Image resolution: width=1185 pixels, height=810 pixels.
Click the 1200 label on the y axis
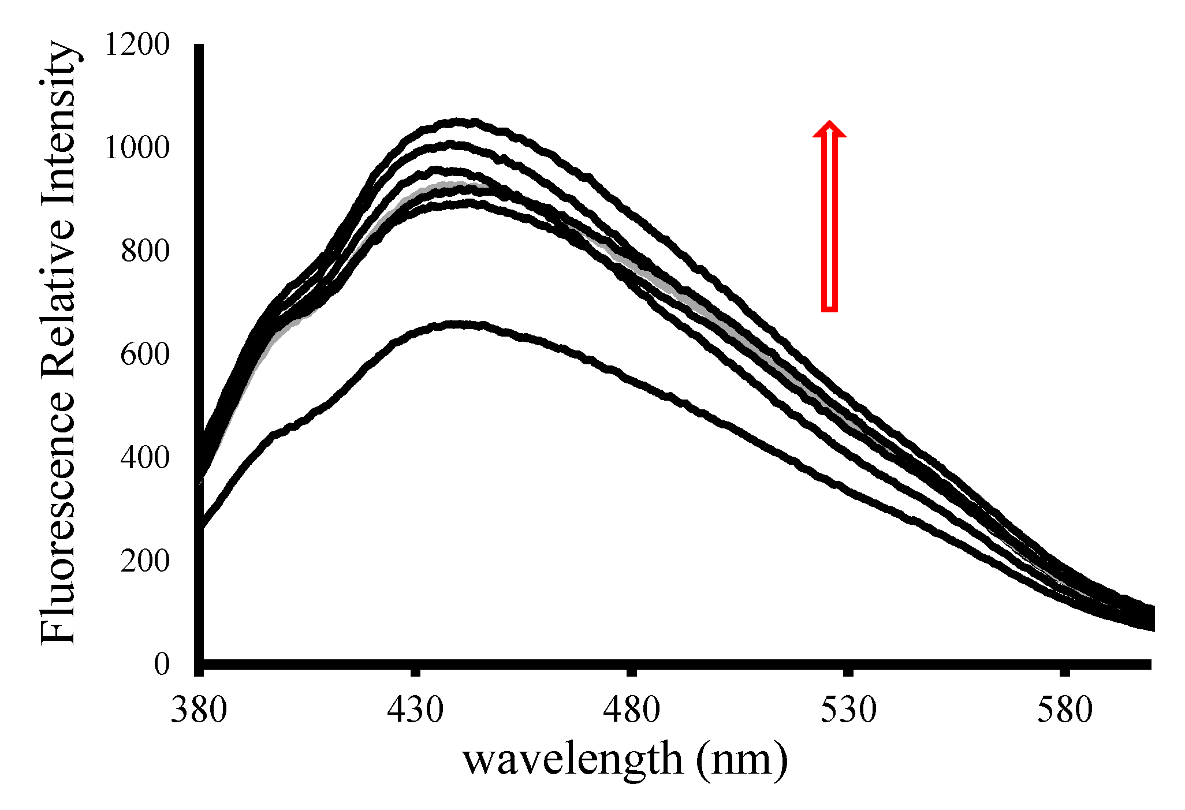[137, 45]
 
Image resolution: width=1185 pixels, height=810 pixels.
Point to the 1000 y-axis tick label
[137, 148]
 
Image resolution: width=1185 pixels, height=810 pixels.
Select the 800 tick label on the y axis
[146, 251]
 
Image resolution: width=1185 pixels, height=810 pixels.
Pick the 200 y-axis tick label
[146, 561]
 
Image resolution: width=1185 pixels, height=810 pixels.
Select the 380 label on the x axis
[199, 711]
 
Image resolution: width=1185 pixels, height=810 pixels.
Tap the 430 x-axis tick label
[415, 711]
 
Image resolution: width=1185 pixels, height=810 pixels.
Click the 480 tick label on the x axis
[632, 711]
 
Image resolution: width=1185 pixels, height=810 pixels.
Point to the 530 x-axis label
[848, 711]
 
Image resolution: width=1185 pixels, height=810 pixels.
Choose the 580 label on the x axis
[1065, 711]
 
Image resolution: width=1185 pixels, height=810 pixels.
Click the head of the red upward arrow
[829, 129]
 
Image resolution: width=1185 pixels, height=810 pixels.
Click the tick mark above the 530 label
[848, 672]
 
